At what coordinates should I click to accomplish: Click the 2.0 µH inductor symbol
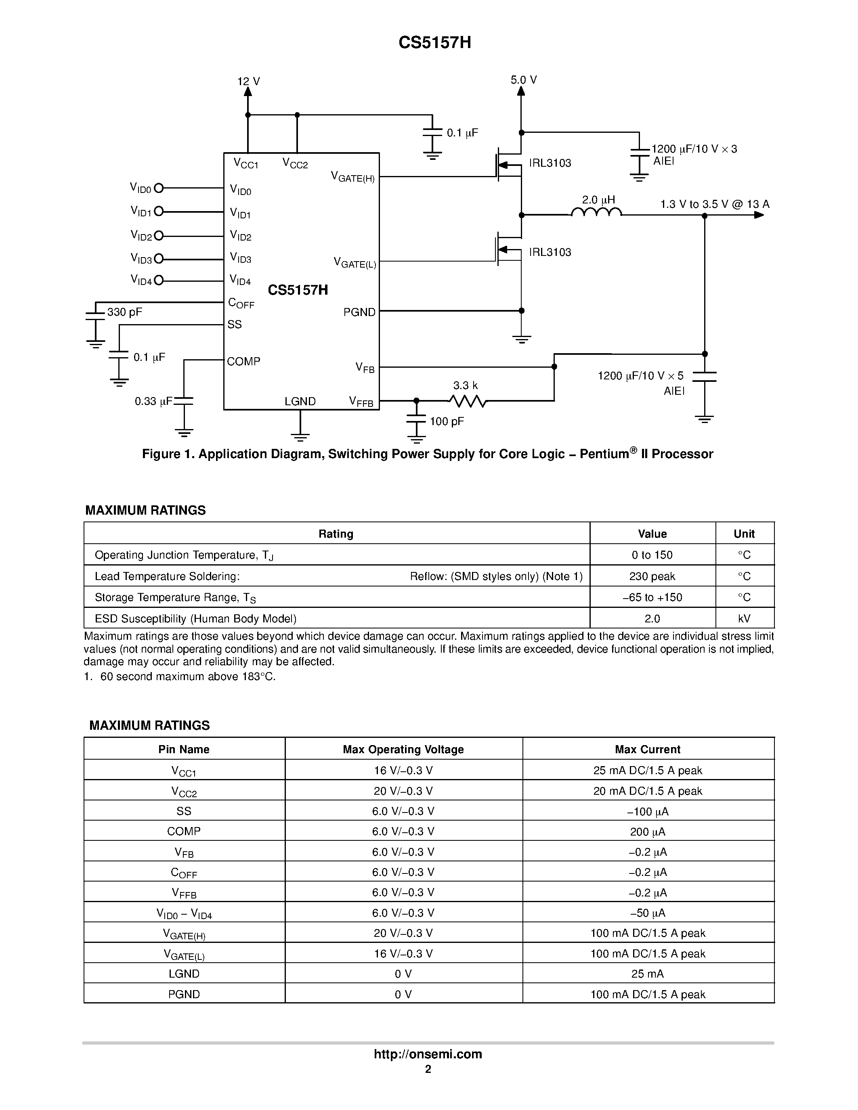[596, 212]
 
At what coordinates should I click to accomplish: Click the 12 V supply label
[249, 81]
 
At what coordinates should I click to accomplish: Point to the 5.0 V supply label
[524, 80]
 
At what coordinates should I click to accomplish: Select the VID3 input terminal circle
[159, 259]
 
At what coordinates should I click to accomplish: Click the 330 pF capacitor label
[124, 312]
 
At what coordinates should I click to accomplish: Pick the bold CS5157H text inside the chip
[298, 290]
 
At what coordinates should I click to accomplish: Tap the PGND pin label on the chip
[359, 312]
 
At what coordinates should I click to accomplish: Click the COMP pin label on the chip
[243, 361]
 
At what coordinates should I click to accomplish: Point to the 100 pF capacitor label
[447, 421]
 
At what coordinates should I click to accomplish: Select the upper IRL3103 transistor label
[550, 163]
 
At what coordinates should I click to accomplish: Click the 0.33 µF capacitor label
[153, 402]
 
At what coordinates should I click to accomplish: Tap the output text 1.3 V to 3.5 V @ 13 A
[715, 204]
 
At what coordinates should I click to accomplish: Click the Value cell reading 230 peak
[652, 576]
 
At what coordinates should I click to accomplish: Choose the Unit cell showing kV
[744, 618]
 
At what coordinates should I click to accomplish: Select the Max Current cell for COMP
[648, 831]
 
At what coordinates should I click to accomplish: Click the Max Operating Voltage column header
[403, 749]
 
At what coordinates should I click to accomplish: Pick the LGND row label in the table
[184, 974]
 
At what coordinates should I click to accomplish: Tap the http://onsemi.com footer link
[428, 1054]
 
